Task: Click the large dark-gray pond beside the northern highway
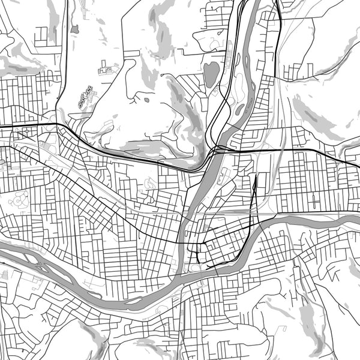coord(211,75)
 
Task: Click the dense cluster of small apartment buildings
coord(85,96)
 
